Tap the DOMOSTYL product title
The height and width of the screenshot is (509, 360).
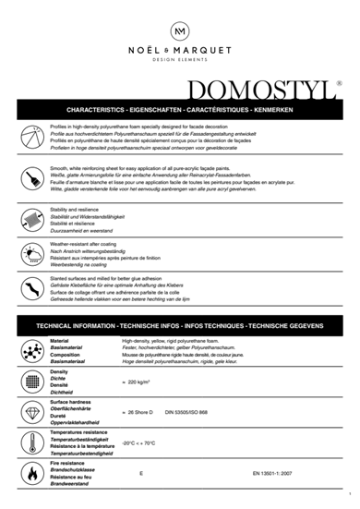pos(262,90)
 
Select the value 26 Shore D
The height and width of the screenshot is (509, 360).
pos(138,412)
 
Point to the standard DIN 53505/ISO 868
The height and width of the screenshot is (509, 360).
pos(187,412)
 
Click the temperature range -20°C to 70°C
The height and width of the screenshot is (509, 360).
pos(138,442)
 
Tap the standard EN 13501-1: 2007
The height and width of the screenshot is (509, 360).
pos(274,473)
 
